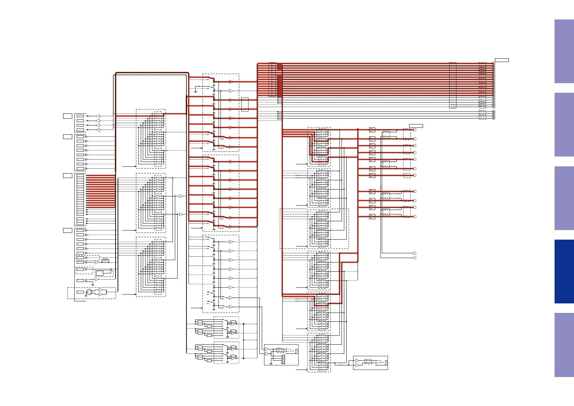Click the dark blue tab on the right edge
click(x=564, y=271)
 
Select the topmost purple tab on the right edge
click(x=564, y=51)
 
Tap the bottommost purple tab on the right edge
click(x=564, y=345)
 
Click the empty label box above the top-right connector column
click(x=502, y=60)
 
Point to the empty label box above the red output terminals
click(x=416, y=126)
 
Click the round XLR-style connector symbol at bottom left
click(x=89, y=292)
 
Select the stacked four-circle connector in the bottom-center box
click(x=283, y=359)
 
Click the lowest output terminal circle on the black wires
click(x=415, y=258)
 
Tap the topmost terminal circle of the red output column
click(x=415, y=130)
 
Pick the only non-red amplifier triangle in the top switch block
click(x=231, y=91)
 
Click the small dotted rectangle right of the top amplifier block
click(x=245, y=105)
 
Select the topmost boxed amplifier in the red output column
click(x=372, y=130)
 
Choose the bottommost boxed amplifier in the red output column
click(x=372, y=216)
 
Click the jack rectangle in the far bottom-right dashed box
click(x=386, y=363)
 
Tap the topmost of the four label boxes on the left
click(x=67, y=116)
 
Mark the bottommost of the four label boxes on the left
click(x=67, y=230)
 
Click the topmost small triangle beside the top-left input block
click(x=98, y=116)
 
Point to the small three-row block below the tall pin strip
click(x=80, y=221)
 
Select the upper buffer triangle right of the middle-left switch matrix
click(x=181, y=196)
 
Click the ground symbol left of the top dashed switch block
click(x=195, y=91)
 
